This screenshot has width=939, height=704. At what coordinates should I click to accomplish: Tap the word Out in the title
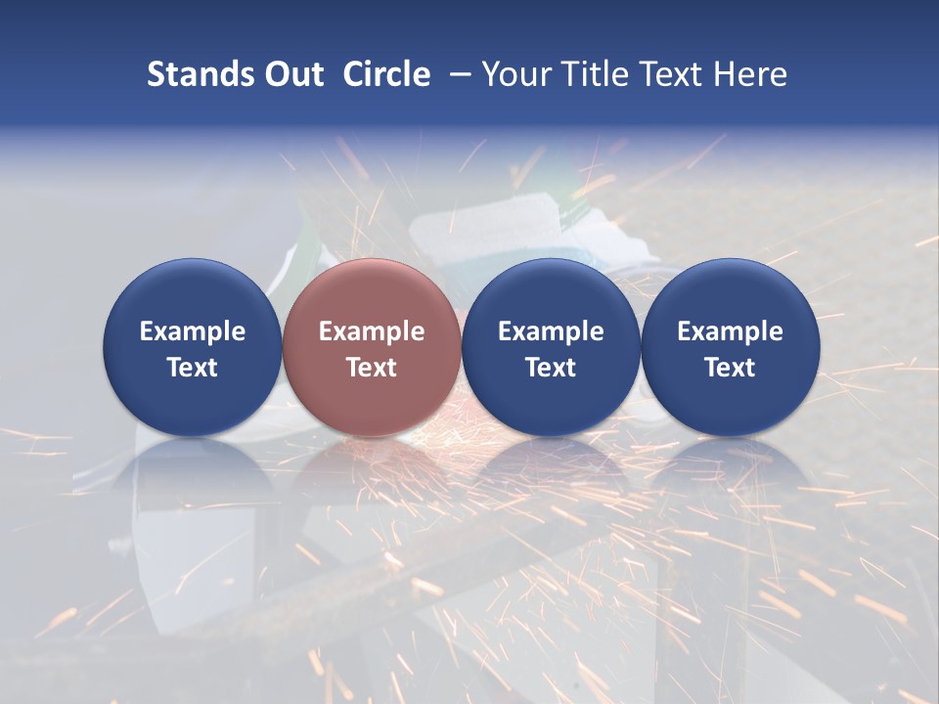pyautogui.click(x=292, y=74)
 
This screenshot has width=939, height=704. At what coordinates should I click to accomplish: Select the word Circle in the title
pyautogui.click(x=386, y=74)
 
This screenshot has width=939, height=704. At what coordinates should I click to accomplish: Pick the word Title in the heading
pyautogui.click(x=598, y=74)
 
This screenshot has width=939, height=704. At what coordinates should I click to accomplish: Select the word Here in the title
pyautogui.click(x=753, y=74)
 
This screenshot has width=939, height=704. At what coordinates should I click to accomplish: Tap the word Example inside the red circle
pyautogui.click(x=372, y=331)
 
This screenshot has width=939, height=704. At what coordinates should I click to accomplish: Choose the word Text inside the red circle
pyautogui.click(x=372, y=368)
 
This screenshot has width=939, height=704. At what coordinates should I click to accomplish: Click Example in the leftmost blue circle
pyautogui.click(x=193, y=331)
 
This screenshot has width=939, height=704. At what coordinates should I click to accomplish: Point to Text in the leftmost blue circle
pyautogui.click(x=193, y=368)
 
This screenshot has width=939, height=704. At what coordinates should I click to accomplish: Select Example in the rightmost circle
pyautogui.click(x=731, y=331)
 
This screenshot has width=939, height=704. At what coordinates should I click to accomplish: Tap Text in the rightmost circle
pyautogui.click(x=731, y=368)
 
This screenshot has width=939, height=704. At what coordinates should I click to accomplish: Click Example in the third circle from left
pyautogui.click(x=551, y=331)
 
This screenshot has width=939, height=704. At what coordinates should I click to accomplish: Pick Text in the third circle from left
pyautogui.click(x=551, y=368)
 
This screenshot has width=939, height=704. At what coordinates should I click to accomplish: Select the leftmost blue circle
pyautogui.click(x=193, y=293)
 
